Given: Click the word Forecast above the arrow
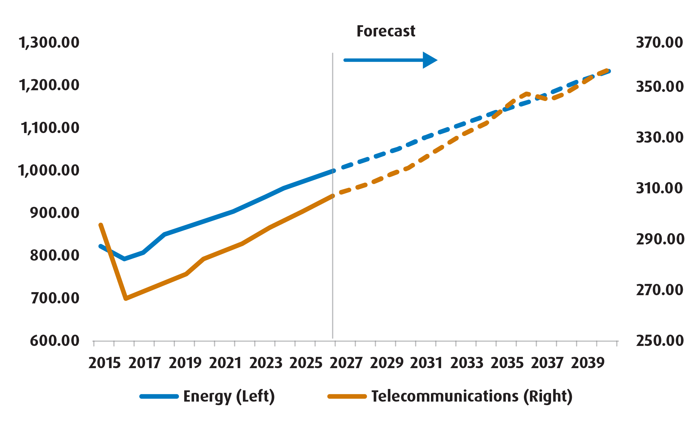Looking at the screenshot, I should click(x=385, y=31).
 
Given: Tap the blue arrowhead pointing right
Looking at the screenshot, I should click(x=429, y=60).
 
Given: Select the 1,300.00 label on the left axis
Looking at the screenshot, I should click(x=49, y=43).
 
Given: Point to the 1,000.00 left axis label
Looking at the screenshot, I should click(x=49, y=171).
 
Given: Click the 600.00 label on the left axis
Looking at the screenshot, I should click(x=54, y=341).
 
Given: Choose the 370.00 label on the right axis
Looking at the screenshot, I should click(x=659, y=43).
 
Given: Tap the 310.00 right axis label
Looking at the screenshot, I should click(x=659, y=188).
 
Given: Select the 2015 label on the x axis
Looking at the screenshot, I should click(x=104, y=363).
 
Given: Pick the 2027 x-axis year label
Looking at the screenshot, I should click(x=346, y=363).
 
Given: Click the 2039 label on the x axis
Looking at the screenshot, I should click(x=588, y=363).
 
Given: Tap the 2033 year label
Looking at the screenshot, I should click(x=467, y=363).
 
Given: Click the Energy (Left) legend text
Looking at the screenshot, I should click(x=229, y=396).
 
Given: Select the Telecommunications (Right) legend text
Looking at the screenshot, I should click(x=472, y=396).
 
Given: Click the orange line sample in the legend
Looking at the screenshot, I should click(x=347, y=396).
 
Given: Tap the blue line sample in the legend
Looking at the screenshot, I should click(x=159, y=396).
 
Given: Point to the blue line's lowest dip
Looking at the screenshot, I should click(x=124, y=259).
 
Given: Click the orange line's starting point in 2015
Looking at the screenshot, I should click(x=101, y=225).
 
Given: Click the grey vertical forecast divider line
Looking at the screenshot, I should click(x=333, y=255).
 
